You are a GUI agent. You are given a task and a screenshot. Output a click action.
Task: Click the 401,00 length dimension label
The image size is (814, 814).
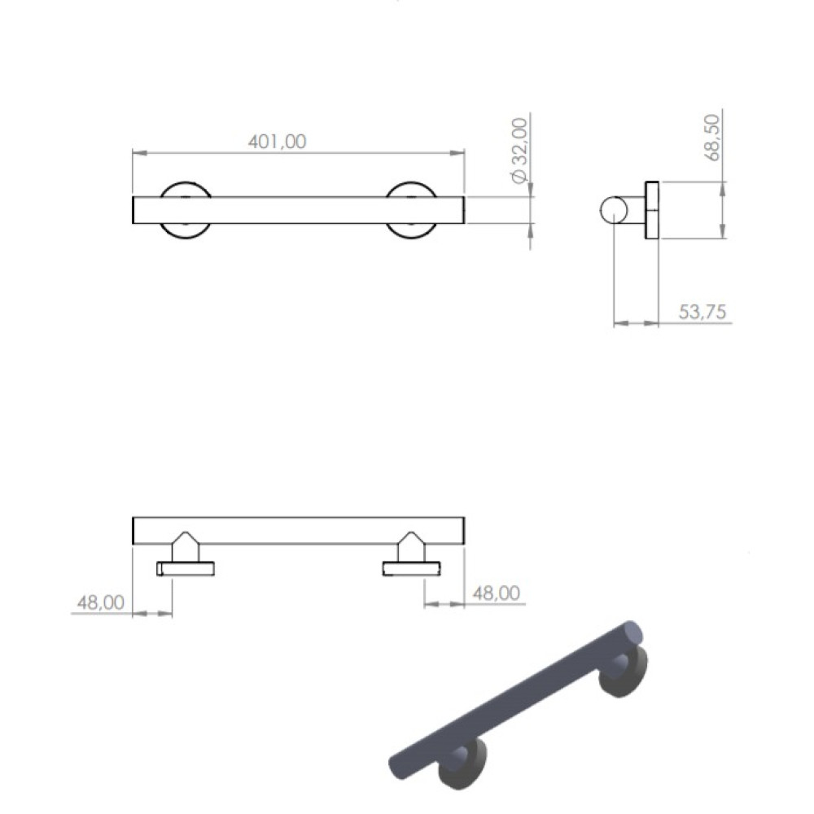coord(278,141)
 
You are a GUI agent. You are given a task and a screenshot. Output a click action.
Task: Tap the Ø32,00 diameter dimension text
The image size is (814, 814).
coord(519,151)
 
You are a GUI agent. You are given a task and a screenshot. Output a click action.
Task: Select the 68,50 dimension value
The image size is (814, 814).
coord(714,138)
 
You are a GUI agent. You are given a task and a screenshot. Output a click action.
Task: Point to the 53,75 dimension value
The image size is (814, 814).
coord(702,312)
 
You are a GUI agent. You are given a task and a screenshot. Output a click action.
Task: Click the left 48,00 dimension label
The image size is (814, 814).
coord(101,602)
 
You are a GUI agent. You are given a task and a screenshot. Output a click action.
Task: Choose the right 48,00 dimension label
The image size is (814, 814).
coord(497,593)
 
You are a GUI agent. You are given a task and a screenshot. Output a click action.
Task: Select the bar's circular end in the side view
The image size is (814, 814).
coord(614,210)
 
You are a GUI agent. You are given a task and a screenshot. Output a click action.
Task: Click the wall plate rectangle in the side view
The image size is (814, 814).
coord(652,210)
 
